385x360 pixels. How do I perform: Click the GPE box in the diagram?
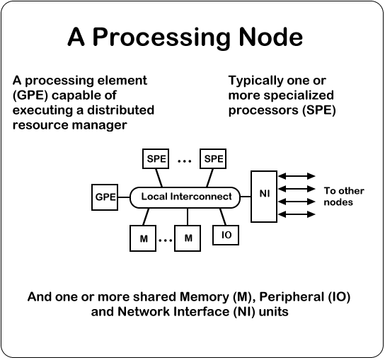pos(105,197)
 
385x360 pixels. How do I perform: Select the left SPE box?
pos(156,158)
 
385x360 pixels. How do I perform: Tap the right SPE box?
pos(213,158)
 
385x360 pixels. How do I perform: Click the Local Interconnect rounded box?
pos(185,197)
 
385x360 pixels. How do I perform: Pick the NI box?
pos(264,197)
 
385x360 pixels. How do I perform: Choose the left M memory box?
pos(143,238)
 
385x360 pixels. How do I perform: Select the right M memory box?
pos(188,238)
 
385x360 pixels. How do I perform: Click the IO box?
pos(226,235)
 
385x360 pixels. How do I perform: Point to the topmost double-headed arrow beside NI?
pos(297,176)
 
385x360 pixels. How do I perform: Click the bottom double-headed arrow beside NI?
pos(297,214)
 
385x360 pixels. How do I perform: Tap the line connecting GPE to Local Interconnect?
pos(124,197)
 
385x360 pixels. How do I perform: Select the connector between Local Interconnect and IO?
pos(223,216)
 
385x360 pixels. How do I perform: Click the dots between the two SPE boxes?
pos(185,161)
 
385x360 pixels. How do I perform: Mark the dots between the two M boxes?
pos(165,240)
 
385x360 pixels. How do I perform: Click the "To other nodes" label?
pos(344,197)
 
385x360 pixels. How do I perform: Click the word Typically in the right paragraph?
pos(255,81)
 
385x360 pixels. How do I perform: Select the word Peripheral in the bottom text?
pos(292,297)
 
